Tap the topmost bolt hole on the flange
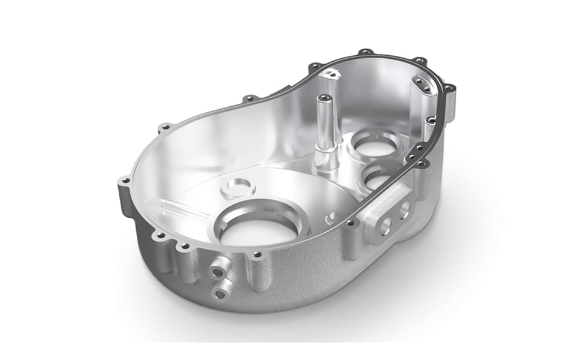pyautogui.click(x=363, y=53)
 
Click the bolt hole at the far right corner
pyautogui.click(x=449, y=88)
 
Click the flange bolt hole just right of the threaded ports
pyautogui.click(x=258, y=255)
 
